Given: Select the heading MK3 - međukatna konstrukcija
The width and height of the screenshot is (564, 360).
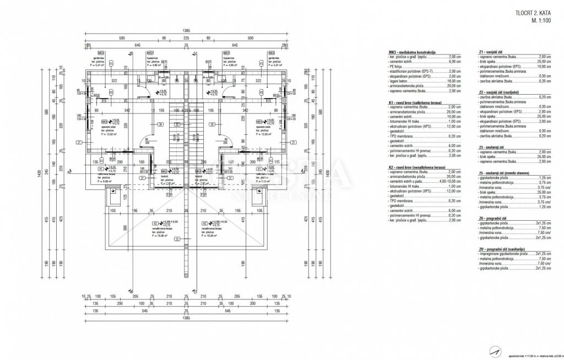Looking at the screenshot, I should point(413,52).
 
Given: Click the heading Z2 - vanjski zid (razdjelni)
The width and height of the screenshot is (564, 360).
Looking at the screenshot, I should point(499,92).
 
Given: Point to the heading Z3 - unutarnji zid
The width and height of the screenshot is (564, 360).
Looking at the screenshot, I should point(493,148).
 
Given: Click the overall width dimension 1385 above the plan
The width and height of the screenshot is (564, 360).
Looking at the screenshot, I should point(186,31).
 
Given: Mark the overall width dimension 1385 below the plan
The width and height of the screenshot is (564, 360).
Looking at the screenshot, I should point(186,319).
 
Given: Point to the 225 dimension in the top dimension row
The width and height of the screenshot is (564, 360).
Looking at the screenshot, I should point(186,39).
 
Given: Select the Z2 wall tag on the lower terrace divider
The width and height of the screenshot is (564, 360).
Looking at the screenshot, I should point(177,239).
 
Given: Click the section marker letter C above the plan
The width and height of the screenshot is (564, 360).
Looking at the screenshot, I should point(196,53).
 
